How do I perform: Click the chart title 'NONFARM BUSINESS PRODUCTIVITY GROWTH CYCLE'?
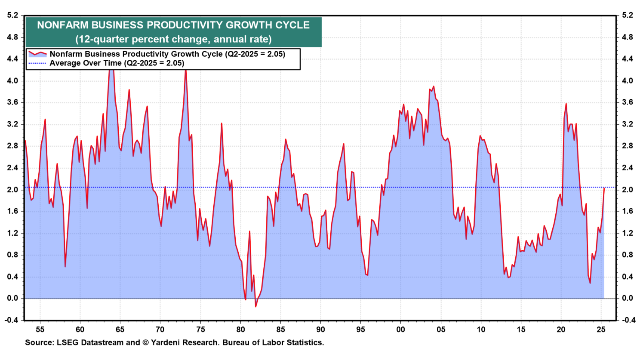173,25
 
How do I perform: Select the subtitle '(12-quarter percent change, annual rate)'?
173,39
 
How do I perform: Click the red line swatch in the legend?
37,54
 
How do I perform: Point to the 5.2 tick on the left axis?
12,15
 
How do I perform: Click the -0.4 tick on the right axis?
628,320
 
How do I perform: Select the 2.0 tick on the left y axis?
12,190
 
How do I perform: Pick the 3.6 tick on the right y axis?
628,102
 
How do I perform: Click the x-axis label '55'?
40,329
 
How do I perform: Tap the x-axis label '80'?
240,329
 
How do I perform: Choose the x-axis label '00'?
400,329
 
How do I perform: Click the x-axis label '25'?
601,329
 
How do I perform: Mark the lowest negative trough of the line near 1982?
255,306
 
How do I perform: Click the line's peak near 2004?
433,86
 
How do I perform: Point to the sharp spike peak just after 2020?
566,104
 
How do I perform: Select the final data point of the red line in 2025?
604,188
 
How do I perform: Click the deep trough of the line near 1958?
65,266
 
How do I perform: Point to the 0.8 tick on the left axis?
12,255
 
